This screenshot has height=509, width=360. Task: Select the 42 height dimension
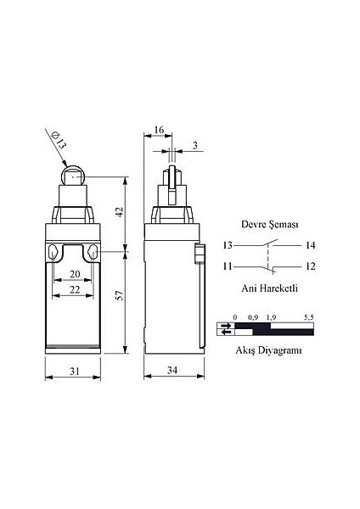[121, 212]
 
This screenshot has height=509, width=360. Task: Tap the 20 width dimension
[75, 273]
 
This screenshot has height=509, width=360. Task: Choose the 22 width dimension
[75, 290]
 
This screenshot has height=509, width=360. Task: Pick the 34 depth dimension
[173, 370]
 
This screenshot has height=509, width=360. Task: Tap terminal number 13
[229, 245]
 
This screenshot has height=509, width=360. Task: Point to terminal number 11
[229, 266]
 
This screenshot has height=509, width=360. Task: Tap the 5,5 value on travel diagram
[308, 316]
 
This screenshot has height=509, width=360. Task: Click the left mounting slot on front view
[53, 253]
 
